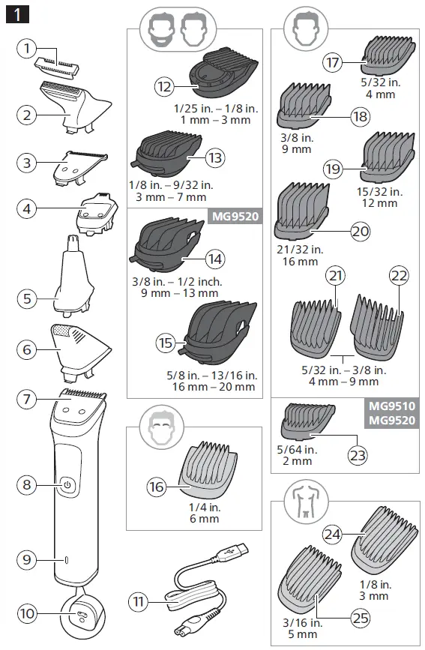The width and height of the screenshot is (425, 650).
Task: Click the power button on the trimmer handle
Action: (67, 485)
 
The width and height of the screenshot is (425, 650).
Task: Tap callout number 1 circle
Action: (27, 49)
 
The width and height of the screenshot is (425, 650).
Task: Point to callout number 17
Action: (333, 61)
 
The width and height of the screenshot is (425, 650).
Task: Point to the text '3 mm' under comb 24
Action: (379, 595)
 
